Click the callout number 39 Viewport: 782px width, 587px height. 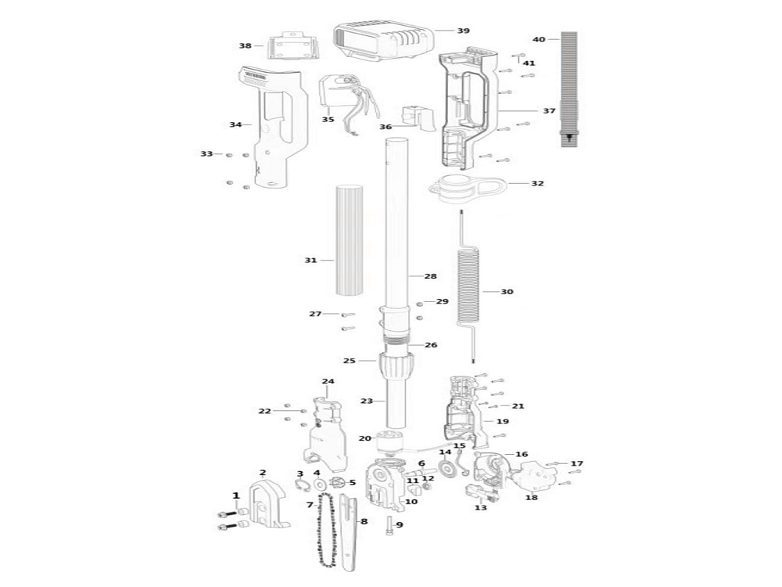click(x=463, y=31)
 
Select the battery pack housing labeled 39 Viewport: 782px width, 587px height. click(x=383, y=43)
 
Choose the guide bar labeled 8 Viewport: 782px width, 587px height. click(x=350, y=532)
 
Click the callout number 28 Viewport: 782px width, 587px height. click(x=430, y=276)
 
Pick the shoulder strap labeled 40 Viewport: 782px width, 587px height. click(x=569, y=89)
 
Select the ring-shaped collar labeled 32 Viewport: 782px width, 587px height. click(x=468, y=189)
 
